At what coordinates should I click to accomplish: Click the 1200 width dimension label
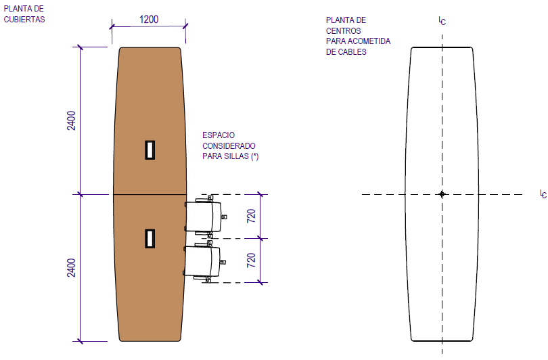pos(149,19)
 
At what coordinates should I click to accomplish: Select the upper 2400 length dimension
pos(72,120)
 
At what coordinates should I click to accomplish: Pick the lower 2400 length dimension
pos(72,269)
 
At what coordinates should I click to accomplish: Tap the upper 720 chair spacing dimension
pos(251,217)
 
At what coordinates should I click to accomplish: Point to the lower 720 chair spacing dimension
pos(251,261)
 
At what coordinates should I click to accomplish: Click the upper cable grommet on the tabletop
pos(150,150)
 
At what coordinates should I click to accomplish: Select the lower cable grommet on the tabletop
pos(150,238)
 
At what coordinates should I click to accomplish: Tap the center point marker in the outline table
pos(442,194)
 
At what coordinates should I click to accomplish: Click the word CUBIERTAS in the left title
pos(24,20)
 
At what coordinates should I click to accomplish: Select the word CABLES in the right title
pos(353,51)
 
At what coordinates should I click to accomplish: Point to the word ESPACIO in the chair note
pos(218,135)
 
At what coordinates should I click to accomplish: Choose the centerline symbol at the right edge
pos(543,194)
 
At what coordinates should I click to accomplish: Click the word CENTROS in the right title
pos(344,30)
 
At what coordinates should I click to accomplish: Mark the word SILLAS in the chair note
pos(237,156)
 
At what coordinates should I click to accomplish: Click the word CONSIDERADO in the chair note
pos(229,145)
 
